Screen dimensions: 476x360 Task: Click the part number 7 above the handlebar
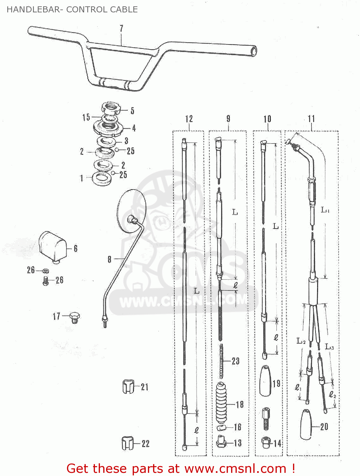point(121,28)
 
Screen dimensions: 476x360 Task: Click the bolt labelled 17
point(75,317)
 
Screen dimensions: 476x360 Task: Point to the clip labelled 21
point(128,387)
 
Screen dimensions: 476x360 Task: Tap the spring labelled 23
point(221,361)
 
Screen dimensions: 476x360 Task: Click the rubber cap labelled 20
point(306,424)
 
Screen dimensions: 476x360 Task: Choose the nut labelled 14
point(266,442)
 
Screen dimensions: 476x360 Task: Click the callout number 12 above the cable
point(189,119)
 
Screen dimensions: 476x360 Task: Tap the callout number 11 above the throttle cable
point(311,119)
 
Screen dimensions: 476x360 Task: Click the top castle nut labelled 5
point(111,109)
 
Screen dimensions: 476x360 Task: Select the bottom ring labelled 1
point(101,178)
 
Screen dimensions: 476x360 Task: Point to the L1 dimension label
point(325,210)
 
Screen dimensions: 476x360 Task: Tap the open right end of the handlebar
point(253,51)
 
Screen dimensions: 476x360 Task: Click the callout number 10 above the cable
point(267,119)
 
